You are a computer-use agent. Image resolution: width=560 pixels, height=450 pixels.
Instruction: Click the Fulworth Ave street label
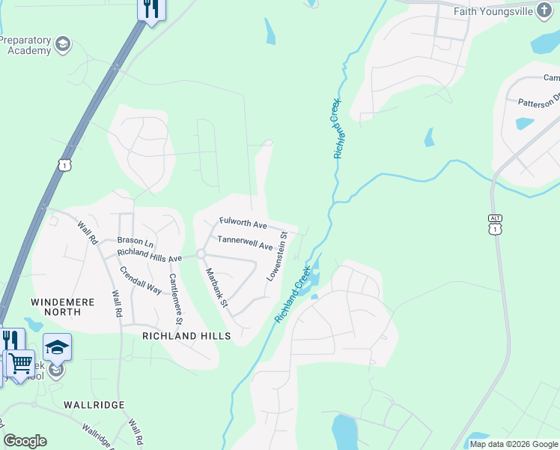[x=243, y=223]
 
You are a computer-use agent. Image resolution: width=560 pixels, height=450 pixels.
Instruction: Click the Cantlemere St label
[x=176, y=298]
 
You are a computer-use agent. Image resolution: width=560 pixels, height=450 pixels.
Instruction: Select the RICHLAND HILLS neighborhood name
[x=186, y=337]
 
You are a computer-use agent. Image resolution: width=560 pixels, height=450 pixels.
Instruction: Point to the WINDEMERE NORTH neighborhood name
[x=62, y=307]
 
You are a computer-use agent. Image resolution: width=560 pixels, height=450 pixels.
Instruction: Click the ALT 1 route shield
[x=495, y=224]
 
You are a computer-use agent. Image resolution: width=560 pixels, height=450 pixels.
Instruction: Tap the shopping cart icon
[x=20, y=363]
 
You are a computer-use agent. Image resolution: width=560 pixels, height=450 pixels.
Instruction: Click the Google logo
[x=25, y=441]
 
